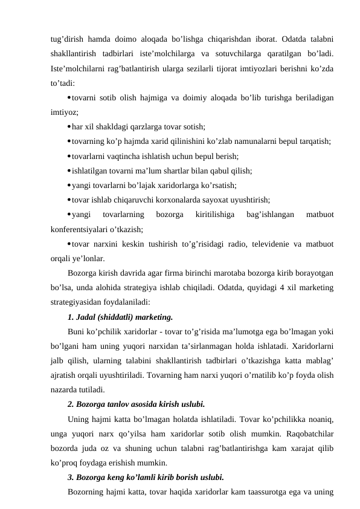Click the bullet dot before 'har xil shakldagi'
[x=68, y=126]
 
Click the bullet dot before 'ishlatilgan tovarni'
[x=68, y=170]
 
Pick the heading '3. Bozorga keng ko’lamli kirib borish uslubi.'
[x=146, y=477]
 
